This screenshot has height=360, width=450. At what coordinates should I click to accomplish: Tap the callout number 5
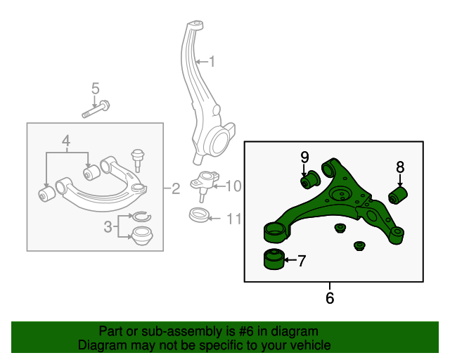[96, 89]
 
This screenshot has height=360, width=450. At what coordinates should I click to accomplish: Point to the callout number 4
[66, 141]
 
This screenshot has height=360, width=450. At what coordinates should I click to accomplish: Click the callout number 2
[176, 188]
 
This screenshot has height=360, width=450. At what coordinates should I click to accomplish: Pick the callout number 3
[108, 226]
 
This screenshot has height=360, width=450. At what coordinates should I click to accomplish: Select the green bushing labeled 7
[273, 259]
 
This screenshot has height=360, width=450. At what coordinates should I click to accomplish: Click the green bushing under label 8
[399, 195]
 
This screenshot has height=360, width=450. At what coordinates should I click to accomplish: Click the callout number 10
[233, 186]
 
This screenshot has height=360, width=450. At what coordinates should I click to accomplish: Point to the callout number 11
[233, 219]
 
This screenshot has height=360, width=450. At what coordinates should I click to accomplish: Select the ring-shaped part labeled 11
[200, 215]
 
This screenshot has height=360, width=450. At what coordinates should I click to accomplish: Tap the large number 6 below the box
[330, 297]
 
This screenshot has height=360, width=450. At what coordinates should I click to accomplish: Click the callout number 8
[399, 167]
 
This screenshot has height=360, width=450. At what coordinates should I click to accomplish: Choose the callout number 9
[305, 156]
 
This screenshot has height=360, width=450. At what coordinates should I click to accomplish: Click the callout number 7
[302, 262]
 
